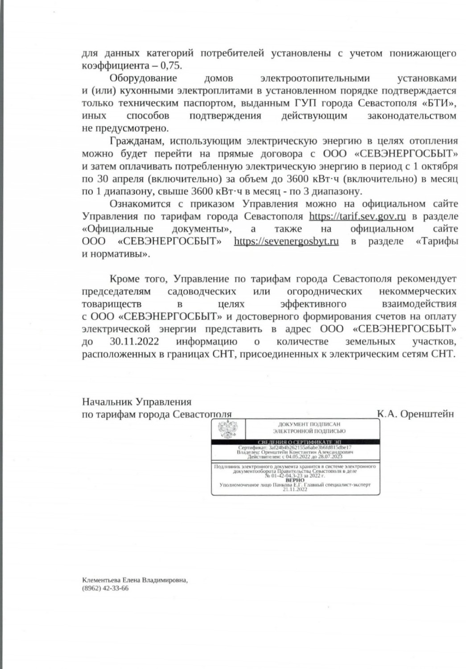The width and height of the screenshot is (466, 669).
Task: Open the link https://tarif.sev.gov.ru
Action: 357,216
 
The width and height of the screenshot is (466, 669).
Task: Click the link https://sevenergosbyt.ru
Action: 286,241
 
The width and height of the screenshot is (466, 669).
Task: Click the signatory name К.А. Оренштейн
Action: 415,413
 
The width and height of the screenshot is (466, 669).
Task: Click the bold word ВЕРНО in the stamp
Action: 295,480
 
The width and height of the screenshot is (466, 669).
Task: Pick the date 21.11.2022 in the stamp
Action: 295,489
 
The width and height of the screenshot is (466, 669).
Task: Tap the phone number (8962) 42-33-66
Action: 105,588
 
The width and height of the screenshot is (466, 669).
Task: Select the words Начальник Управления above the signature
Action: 136,401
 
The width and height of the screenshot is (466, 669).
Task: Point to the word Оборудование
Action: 143,78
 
